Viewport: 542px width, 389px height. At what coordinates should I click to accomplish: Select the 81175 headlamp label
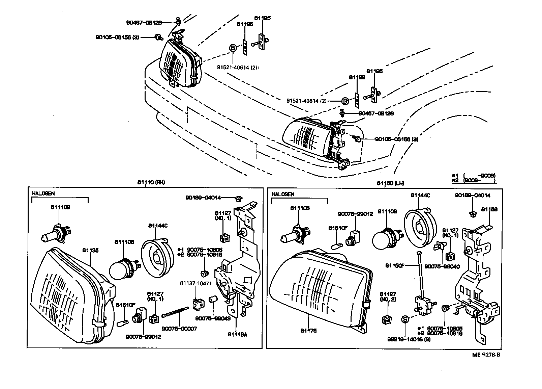(308, 331)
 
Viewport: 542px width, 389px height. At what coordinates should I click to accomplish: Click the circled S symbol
(405, 319)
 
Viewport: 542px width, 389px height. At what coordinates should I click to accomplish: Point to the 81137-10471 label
(196, 283)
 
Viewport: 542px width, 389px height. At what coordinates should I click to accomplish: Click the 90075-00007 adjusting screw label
(179, 329)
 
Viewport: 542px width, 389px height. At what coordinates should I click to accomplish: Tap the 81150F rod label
(395, 266)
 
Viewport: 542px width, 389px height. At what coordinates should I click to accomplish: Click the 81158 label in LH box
(489, 209)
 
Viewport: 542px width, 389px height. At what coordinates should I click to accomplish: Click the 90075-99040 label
(437, 266)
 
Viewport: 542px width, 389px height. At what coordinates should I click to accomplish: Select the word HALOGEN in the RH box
(43, 193)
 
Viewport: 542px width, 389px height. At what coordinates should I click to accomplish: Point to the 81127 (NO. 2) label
(387, 296)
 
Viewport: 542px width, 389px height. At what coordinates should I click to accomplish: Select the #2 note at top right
(474, 180)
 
